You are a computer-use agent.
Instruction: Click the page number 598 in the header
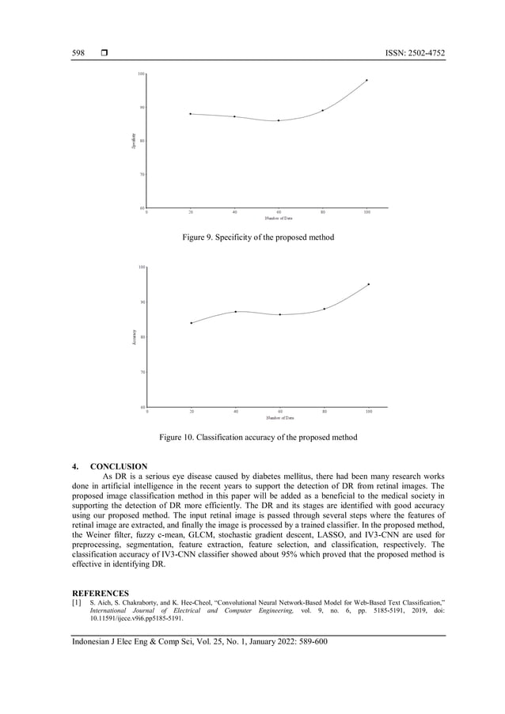click(x=78, y=53)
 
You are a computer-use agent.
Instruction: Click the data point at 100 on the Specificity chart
click(x=366, y=80)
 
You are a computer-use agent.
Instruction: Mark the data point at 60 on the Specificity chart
click(x=278, y=120)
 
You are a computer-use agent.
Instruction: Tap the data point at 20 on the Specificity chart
click(x=191, y=114)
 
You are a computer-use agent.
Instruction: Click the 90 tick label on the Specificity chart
click(x=142, y=107)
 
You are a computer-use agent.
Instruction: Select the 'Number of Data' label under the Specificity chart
click(x=279, y=218)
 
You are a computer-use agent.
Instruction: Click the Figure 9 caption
click(x=258, y=237)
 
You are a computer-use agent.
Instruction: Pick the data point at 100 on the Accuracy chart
click(x=368, y=284)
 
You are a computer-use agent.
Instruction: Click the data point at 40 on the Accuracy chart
click(x=236, y=311)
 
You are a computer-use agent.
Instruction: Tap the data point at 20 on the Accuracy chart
click(x=191, y=323)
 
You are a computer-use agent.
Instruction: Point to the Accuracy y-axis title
click(x=134, y=337)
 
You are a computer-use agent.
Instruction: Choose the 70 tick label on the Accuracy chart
click(x=142, y=371)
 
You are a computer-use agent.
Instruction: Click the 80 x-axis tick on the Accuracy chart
click(x=324, y=412)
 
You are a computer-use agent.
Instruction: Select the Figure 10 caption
click(x=258, y=437)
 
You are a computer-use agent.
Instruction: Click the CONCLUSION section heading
click(x=119, y=466)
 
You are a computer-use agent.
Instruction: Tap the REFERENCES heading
click(x=101, y=592)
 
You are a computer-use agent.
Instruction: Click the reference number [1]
click(x=77, y=602)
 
